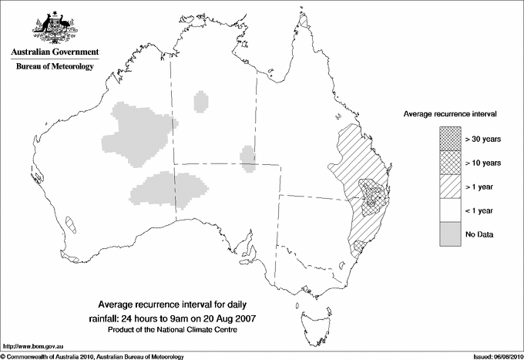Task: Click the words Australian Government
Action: click(x=55, y=52)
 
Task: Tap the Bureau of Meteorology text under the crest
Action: click(x=55, y=67)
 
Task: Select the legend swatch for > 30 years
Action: click(x=449, y=140)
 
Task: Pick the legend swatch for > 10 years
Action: click(x=449, y=163)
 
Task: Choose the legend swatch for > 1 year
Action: click(x=449, y=186)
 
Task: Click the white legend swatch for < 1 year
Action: click(x=449, y=210)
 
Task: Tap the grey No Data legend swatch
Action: click(x=449, y=234)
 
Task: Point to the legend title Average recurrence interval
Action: click(x=450, y=113)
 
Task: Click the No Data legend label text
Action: click(x=479, y=234)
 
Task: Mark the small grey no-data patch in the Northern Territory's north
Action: click(x=201, y=101)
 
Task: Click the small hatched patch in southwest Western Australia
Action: click(x=72, y=225)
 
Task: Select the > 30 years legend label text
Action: click(x=482, y=140)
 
